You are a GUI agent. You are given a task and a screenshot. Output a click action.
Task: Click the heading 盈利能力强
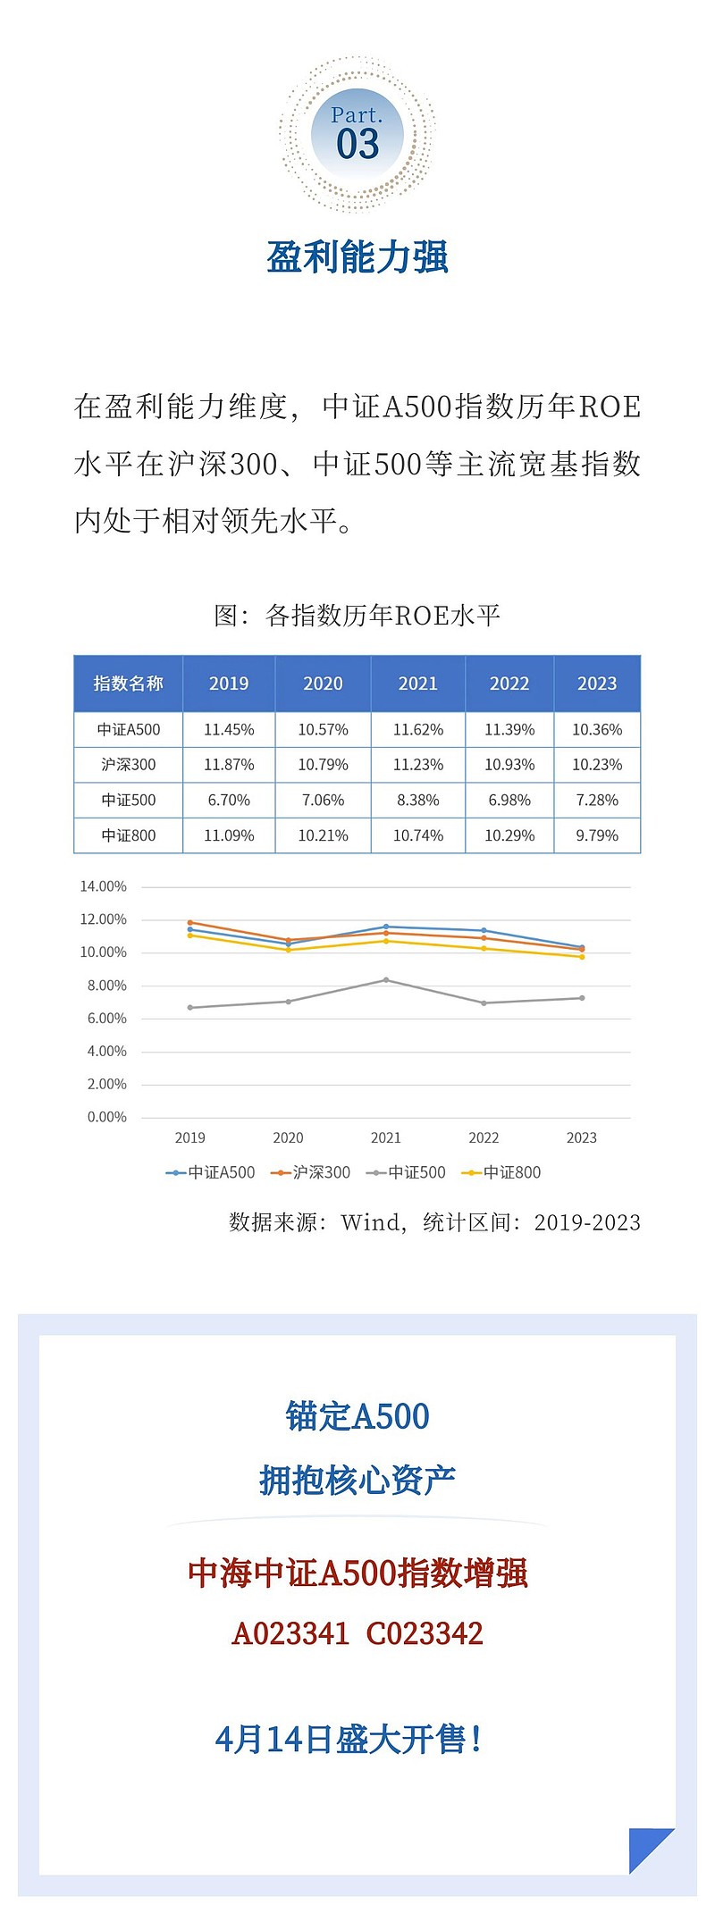point(357,257)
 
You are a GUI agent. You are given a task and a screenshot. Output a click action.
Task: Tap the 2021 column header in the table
point(417,684)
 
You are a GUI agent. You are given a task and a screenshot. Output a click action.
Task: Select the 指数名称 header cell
point(128,684)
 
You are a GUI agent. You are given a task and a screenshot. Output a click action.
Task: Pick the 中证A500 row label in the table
point(128,730)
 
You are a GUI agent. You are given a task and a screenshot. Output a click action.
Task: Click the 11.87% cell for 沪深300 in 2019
point(229,765)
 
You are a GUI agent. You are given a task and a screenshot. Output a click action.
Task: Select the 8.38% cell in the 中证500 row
point(417,801)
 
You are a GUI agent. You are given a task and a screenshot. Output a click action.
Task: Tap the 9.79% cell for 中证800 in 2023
point(596,836)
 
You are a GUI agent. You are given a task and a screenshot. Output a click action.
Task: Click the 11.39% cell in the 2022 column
point(509,730)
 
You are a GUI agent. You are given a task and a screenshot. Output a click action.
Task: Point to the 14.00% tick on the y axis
point(104,886)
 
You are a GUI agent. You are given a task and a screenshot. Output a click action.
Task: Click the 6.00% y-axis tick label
point(106,1019)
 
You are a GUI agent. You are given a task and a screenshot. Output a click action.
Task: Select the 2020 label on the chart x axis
point(288,1137)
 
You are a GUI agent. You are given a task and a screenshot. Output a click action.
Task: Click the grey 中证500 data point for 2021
point(386,980)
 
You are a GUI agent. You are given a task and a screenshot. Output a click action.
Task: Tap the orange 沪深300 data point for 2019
point(190,922)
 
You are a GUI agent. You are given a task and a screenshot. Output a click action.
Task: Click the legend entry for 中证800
point(501,1172)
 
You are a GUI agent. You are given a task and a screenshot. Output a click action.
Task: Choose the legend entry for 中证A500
point(211,1172)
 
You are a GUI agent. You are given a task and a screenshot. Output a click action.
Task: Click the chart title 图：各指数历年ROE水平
point(357,616)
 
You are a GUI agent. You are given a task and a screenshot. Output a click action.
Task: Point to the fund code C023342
point(425,1633)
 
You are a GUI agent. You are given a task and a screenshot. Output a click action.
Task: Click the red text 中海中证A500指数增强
point(357,1573)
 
